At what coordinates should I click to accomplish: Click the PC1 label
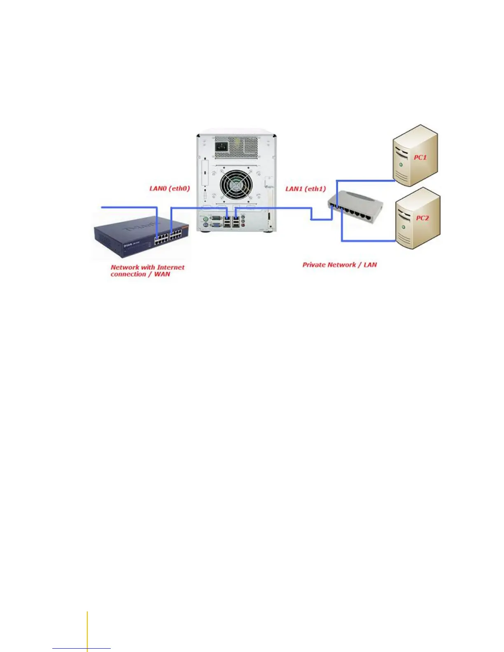420,157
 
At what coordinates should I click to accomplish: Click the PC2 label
422,218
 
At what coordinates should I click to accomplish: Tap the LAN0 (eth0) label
169,189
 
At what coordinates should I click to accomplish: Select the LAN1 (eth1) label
306,189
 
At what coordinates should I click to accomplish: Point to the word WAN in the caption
162,274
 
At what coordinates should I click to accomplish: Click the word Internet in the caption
171,267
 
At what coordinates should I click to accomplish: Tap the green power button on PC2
403,227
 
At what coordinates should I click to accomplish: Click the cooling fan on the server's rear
236,184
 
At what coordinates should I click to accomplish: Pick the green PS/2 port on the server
205,218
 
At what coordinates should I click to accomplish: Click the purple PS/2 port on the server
205,225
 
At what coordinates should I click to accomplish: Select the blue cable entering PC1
366,180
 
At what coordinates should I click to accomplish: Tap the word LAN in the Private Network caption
370,265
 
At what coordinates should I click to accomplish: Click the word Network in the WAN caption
125,267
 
